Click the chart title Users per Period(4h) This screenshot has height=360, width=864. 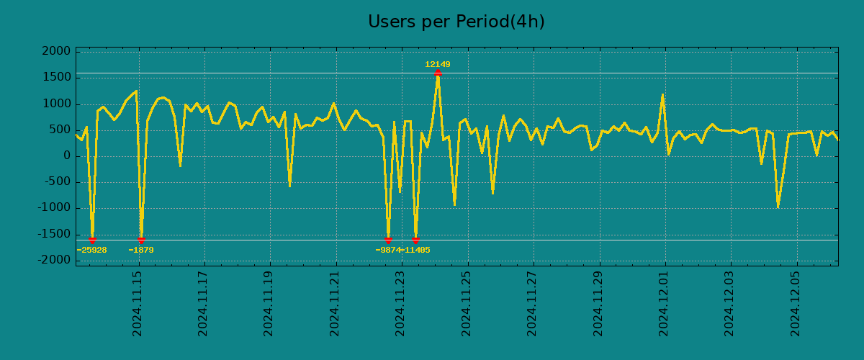tap(456, 22)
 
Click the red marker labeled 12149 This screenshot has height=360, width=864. tap(438, 73)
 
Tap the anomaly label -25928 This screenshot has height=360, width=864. tap(91, 251)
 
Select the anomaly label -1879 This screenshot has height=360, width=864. tap(141, 251)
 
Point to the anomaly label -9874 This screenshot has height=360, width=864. tap(388, 251)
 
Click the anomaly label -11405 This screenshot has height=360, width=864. tap(417, 251)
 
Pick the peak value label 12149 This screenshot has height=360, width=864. tap(438, 64)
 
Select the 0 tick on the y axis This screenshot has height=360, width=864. tap(67, 156)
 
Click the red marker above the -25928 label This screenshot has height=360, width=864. tap(92, 240)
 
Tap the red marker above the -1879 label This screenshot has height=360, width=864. tap(141, 240)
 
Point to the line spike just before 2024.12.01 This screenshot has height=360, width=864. tap(662, 95)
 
